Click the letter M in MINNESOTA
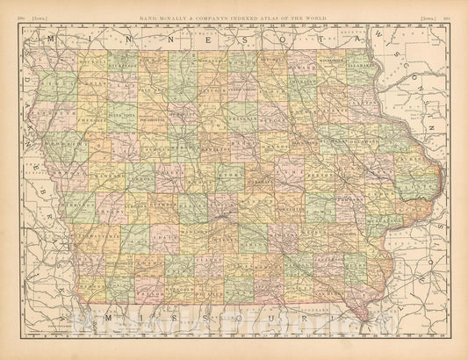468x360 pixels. click(x=56, y=40)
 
